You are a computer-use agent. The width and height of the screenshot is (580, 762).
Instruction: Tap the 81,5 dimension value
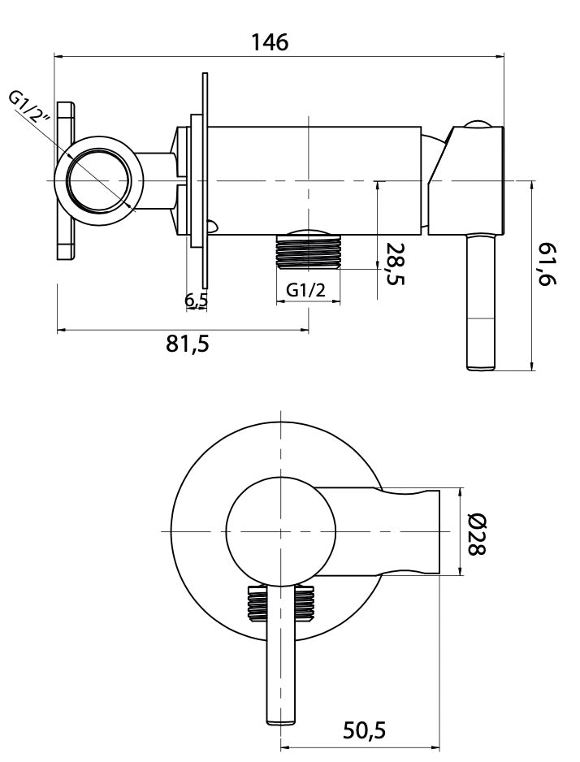[x=188, y=344]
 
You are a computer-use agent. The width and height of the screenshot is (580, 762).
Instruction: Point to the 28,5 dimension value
[x=395, y=263]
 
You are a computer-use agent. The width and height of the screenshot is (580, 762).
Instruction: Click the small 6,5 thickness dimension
[x=197, y=301]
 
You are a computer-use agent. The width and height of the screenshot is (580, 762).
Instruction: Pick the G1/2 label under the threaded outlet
[x=305, y=290]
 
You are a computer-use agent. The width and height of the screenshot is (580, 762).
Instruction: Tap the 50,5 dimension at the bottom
[x=364, y=730]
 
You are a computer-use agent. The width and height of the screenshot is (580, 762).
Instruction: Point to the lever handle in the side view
[x=481, y=301]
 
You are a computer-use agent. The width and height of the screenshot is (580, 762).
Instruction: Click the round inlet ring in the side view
[x=99, y=180]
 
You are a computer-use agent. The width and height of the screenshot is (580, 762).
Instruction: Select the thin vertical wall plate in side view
[x=205, y=180]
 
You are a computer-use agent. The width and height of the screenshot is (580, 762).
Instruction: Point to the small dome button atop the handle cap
[x=478, y=123]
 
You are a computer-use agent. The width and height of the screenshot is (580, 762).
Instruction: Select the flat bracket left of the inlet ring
[x=66, y=181]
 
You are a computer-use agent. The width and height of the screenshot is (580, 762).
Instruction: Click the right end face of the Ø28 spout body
[x=439, y=531]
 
